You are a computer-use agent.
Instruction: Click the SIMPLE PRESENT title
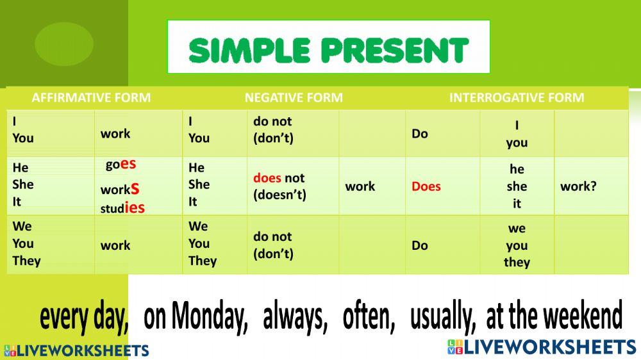point(328,49)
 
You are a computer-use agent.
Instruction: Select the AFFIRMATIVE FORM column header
point(91,98)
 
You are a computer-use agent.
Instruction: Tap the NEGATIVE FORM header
point(294,98)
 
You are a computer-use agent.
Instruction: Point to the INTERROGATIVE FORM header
point(517,98)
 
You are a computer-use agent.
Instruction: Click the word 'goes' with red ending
point(121,164)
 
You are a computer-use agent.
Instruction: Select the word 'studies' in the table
point(122,208)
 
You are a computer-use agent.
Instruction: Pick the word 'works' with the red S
point(120,190)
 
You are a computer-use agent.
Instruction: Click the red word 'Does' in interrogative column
point(426,186)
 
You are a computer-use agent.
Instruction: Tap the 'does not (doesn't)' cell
point(279,186)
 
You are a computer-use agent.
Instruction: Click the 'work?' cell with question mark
point(578,186)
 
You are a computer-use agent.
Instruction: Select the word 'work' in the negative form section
point(360,186)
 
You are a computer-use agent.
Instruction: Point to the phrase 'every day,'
point(84,317)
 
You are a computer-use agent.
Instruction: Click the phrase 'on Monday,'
point(196,317)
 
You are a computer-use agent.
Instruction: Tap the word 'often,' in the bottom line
point(369,317)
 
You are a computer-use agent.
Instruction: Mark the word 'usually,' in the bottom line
point(443,317)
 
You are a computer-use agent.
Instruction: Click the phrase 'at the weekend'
point(554,317)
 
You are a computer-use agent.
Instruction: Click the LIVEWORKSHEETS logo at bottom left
point(76,350)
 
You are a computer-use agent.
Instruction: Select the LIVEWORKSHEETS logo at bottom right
point(542,347)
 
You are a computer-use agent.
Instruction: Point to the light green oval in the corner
point(64,44)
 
